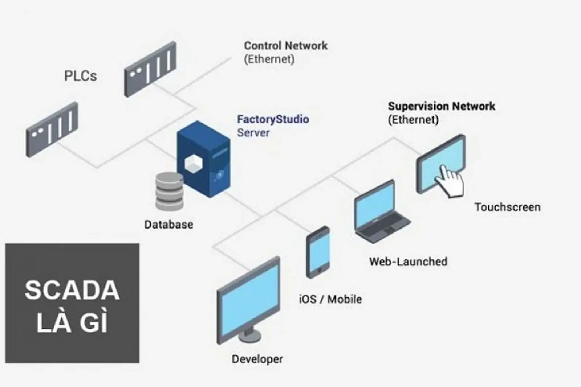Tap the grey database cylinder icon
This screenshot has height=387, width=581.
pyautogui.click(x=169, y=191)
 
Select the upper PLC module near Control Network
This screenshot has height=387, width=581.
pyautogui.click(x=150, y=69)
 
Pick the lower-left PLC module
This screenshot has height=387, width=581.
pyautogui.click(x=52, y=129)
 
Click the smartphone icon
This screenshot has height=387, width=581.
pyautogui.click(x=318, y=252)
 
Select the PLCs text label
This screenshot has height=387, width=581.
pyautogui.click(x=81, y=76)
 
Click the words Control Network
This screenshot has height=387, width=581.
pyautogui.click(x=285, y=46)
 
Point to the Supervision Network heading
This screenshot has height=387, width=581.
pyautogui.click(x=441, y=106)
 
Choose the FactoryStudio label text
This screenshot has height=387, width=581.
pyautogui.click(x=273, y=119)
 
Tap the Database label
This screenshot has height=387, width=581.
pyautogui.click(x=168, y=225)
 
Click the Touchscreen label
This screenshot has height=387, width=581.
pyautogui.click(x=507, y=207)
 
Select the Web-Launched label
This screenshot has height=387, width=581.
pyautogui.click(x=408, y=262)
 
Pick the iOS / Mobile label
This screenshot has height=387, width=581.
pyautogui.click(x=330, y=299)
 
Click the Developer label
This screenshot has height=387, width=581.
pyautogui.click(x=257, y=359)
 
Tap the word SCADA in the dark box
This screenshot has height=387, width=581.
pyautogui.click(x=72, y=290)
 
